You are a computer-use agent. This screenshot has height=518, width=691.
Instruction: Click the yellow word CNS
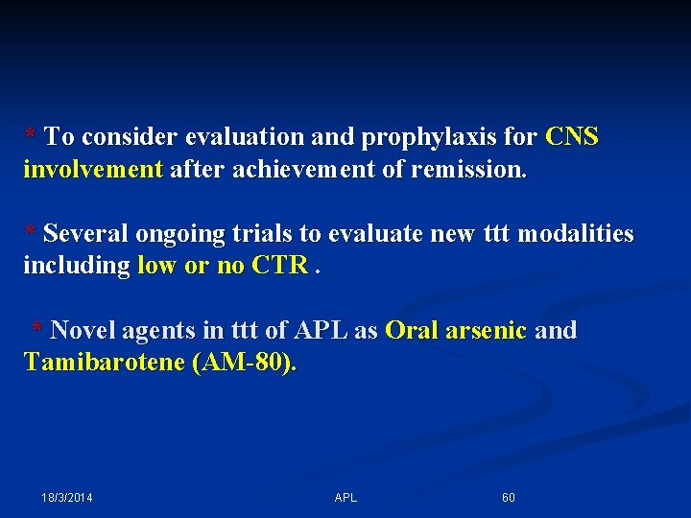click(572, 137)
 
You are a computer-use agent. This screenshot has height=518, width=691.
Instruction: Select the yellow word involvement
click(93, 170)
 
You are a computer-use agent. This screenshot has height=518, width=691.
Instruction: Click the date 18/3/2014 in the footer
click(67, 498)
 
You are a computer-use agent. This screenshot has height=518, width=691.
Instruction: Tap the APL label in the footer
click(345, 498)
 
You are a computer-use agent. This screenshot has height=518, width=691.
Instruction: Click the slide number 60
click(509, 498)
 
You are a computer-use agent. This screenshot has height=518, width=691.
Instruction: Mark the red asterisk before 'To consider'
click(31, 135)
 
